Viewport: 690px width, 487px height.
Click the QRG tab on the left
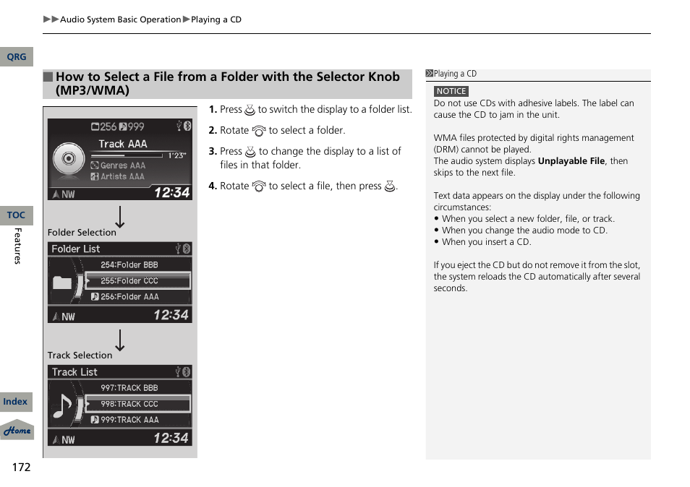pos(16,56)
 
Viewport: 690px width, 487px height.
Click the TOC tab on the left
pos(16,215)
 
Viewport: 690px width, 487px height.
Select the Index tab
pos(16,402)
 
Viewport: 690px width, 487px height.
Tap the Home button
pos(17,431)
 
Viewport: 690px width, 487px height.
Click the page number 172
pos(21,467)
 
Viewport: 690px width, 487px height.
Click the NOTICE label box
pos(451,92)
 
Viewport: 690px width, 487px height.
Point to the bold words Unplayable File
pos(571,161)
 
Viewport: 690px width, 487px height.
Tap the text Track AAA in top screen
pos(122,144)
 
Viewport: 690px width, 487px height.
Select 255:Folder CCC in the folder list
pos(137,280)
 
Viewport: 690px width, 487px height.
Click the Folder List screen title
pos(76,249)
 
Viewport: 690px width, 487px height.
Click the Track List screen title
pos(74,372)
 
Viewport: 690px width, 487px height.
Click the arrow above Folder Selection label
pos(120,217)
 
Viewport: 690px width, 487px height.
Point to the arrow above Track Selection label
pos(120,340)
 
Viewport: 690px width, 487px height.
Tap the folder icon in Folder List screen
pos(62,283)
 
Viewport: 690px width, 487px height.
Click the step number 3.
pos(213,151)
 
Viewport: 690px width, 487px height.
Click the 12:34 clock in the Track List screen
pos(171,438)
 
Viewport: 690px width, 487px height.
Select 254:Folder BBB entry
pos(129,265)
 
